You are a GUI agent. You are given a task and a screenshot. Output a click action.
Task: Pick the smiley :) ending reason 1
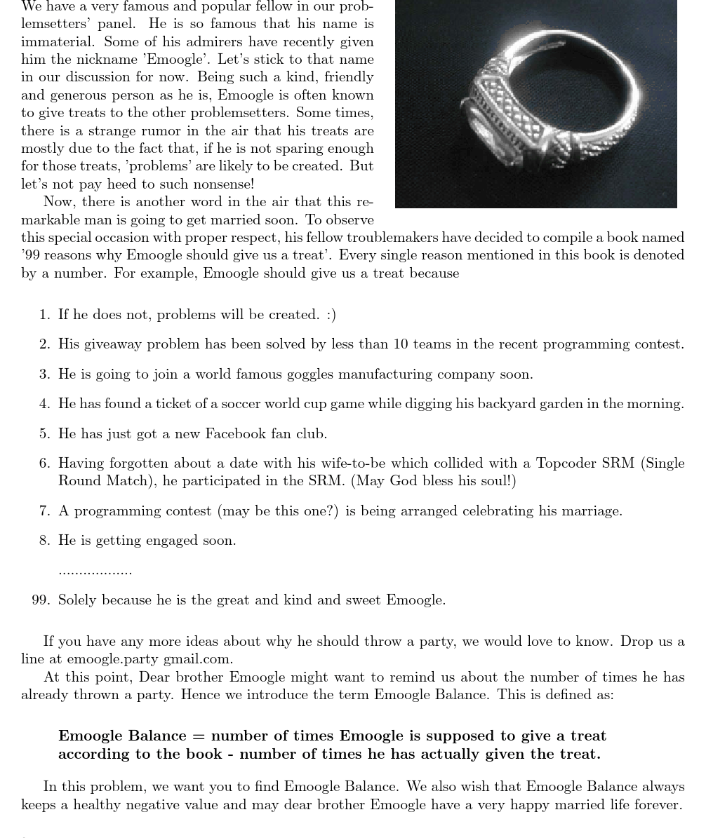click(x=331, y=315)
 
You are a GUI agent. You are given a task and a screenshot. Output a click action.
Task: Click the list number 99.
click(x=40, y=600)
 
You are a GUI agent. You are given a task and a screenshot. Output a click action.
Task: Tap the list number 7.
click(x=44, y=511)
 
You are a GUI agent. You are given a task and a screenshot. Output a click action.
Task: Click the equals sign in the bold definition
click(x=199, y=736)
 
